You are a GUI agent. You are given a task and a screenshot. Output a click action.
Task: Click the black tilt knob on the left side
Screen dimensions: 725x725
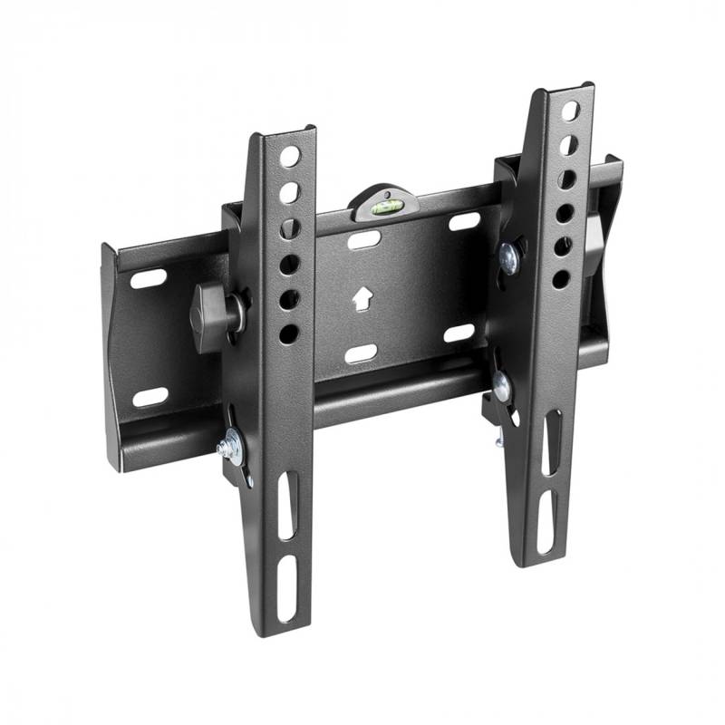point(210,310)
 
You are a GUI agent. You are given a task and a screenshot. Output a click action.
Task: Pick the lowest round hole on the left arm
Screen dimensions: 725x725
point(289,333)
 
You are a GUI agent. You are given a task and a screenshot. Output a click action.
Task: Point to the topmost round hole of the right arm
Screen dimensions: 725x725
point(570,111)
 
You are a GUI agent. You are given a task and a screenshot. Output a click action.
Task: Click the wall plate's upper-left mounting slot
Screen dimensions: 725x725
point(148,279)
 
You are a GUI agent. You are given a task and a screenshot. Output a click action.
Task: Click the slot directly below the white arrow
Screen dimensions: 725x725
point(361,352)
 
